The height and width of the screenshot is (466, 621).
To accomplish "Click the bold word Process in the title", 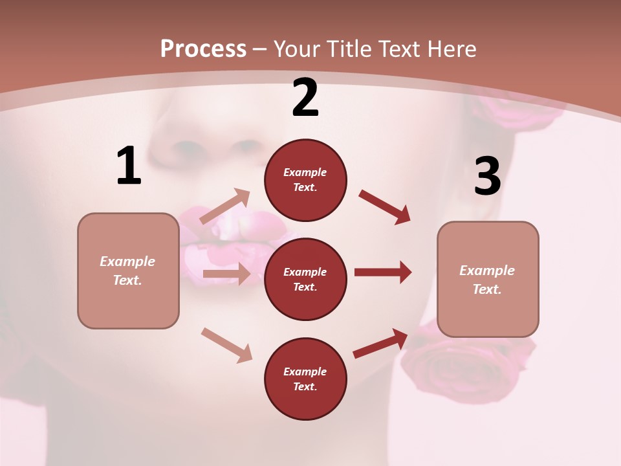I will coord(203,49).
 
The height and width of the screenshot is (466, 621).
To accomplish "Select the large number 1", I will coord(129,166).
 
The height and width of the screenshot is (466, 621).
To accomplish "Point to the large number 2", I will coord(305,98).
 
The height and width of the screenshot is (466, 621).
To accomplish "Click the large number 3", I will coord(487,177).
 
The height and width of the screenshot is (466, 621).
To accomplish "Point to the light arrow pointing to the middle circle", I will coord(226,274).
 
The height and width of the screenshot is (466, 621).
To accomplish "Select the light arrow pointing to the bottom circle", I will coord(226,344).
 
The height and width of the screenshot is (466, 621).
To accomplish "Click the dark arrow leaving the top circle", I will coord(384,207).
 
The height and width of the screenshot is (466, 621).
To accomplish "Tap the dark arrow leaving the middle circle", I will coord(383,272).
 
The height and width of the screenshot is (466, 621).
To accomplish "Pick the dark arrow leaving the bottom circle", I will coord(380,343).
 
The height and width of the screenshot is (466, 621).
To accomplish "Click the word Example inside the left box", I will coord(127,261).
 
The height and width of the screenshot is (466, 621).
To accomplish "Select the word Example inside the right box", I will coord(487,271).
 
